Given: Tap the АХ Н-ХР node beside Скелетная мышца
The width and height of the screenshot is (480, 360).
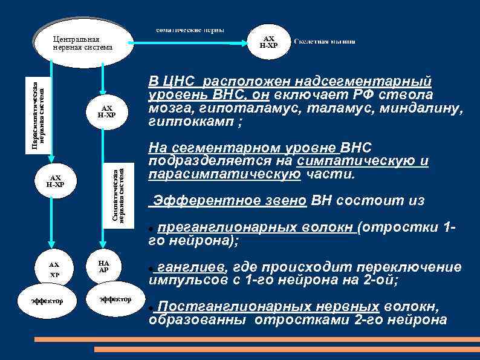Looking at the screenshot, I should click(x=268, y=42).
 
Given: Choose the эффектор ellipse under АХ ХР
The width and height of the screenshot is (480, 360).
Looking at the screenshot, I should click(x=51, y=300).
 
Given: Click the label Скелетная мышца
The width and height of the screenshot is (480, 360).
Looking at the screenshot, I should click(x=325, y=42).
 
